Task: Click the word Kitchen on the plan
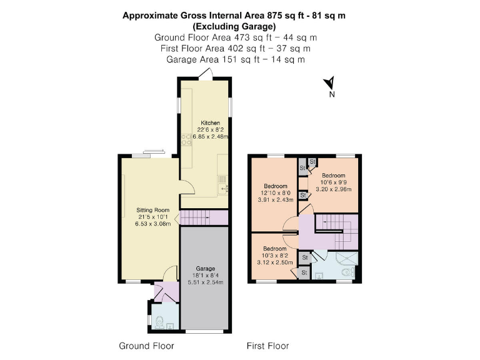pyautogui.click(x=209, y=122)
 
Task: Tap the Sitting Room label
pyautogui.click(x=153, y=210)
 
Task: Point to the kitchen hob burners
pyautogui.click(x=186, y=141)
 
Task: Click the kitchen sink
pyautogui.click(x=222, y=182)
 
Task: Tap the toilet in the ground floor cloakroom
pyautogui.click(x=159, y=322)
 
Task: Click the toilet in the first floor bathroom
pyautogui.click(x=348, y=272)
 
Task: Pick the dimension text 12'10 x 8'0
pyautogui.click(x=276, y=193)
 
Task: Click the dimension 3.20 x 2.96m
pyautogui.click(x=334, y=189)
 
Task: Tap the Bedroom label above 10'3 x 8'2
pyautogui.click(x=275, y=248)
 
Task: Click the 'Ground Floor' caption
pyautogui.click(x=146, y=346)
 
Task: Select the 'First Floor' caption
pyautogui.click(x=267, y=346)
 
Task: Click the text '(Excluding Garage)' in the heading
pyautogui.click(x=235, y=26)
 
